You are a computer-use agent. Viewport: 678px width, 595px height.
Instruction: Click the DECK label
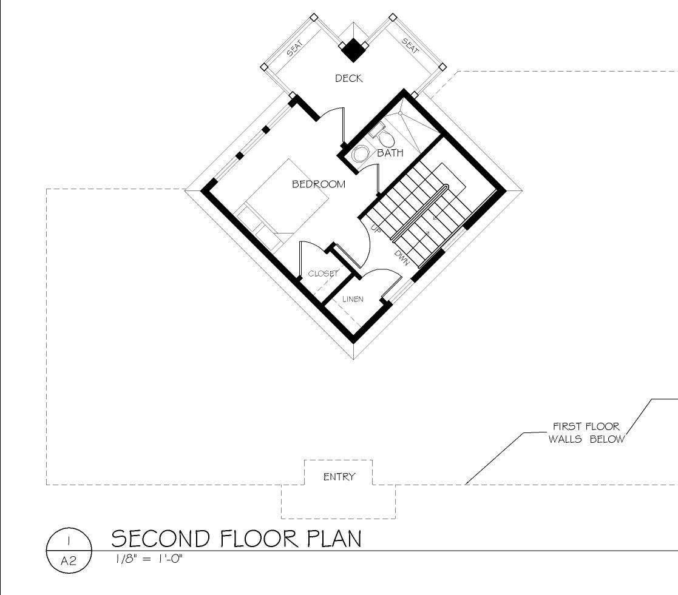[348, 78]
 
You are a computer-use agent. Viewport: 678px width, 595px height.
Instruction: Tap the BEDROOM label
[319, 184]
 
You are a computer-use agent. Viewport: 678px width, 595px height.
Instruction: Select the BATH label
[390, 152]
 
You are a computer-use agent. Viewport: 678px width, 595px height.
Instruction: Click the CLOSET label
[323, 274]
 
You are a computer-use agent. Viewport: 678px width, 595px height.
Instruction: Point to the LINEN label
[353, 299]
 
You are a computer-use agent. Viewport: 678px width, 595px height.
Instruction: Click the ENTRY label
[339, 477]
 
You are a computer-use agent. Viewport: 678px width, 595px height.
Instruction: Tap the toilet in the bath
[382, 135]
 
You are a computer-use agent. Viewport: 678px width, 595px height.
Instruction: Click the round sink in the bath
[360, 154]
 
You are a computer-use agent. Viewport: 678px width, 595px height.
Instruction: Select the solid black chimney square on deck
[354, 50]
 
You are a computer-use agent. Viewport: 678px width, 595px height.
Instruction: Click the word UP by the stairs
[375, 227]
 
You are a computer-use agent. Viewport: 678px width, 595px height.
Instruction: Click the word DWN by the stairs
[402, 258]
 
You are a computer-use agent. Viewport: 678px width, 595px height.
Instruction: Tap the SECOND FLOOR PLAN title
[236, 539]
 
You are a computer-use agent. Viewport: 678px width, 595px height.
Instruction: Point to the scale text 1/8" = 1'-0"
[149, 559]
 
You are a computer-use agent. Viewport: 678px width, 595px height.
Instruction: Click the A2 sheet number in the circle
[69, 561]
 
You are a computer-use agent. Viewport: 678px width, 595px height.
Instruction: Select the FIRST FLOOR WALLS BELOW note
[586, 432]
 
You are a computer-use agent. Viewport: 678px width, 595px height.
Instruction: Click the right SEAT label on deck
[410, 46]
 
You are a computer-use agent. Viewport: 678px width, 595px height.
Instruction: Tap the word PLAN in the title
[334, 539]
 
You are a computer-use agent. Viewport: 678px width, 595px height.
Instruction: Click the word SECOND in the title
[161, 539]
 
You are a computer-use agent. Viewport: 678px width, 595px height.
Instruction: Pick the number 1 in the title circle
[69, 540]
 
